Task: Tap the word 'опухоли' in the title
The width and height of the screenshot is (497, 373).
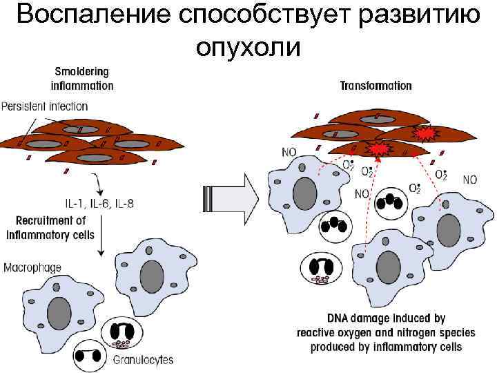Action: coord(248,46)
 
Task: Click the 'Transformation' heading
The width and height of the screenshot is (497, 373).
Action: coord(376,86)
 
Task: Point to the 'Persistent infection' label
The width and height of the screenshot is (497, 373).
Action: coord(44,106)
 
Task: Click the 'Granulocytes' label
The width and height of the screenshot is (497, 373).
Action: coord(142,359)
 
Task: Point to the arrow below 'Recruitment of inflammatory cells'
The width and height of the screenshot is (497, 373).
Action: coord(101,242)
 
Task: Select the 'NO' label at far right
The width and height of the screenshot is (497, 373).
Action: coord(469,180)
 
